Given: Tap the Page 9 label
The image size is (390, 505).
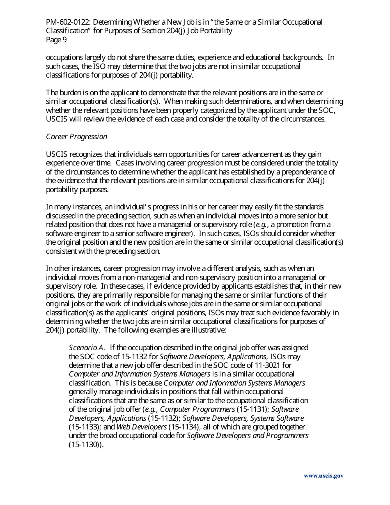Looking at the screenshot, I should [x=56, y=40].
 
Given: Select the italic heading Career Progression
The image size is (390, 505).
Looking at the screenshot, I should [x=76, y=137].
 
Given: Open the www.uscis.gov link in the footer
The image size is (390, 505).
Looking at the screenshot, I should [x=323, y=476].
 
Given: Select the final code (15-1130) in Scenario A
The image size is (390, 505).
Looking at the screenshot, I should [x=85, y=445].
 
